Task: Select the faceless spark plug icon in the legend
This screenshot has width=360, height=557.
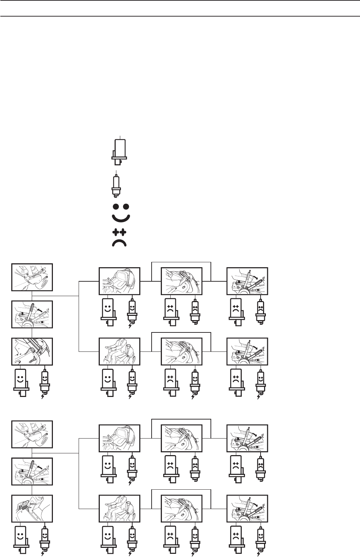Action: coord(116,183)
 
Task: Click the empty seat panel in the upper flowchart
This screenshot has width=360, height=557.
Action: coord(119,281)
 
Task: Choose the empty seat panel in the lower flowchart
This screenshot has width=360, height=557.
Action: coord(119,438)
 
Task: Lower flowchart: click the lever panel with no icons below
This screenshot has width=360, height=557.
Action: coord(32,471)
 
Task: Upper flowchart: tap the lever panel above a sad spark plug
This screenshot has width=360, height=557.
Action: coord(247,281)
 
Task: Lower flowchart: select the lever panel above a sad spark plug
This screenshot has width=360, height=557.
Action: coord(247,438)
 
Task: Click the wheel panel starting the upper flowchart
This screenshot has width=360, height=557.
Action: coord(32,277)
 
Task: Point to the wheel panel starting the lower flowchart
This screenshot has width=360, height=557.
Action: coord(32,434)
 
